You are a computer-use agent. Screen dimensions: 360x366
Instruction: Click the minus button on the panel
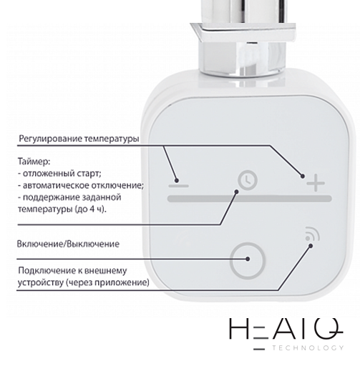(178, 186)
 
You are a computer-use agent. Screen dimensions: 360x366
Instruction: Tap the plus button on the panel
(316, 183)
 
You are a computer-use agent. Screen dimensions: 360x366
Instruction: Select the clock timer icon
(248, 180)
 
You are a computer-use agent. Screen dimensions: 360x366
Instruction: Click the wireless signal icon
(312, 234)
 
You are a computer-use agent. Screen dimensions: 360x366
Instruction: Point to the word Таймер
(34, 162)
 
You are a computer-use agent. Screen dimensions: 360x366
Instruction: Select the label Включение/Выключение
(68, 244)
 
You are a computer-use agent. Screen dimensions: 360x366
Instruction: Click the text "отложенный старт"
(61, 174)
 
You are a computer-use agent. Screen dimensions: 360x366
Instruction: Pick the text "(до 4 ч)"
(90, 209)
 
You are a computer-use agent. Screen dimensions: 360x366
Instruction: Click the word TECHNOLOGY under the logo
(308, 348)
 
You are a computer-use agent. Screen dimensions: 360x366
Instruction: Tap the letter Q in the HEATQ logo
(329, 328)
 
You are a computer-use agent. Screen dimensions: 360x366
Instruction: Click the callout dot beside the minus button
(177, 180)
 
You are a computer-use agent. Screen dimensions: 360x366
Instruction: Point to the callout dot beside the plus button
(303, 177)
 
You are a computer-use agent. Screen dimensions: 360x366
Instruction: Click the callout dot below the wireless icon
(311, 246)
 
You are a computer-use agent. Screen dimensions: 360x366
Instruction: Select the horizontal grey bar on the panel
(250, 199)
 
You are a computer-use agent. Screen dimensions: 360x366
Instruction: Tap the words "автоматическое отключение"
(82, 185)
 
